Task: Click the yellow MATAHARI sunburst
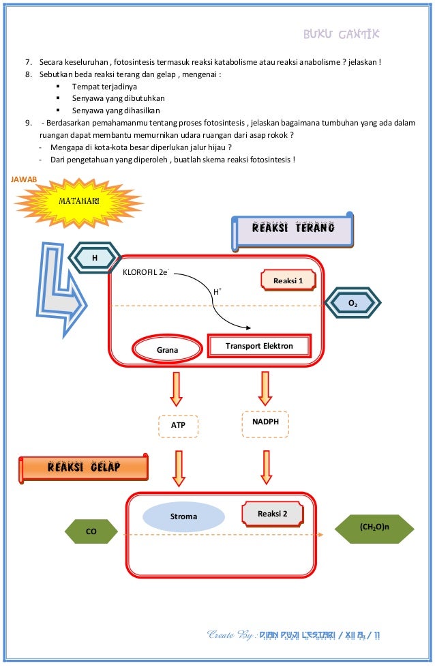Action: (78, 202)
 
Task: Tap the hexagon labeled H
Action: (95, 258)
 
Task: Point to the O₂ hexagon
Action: (352, 303)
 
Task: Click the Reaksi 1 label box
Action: (288, 280)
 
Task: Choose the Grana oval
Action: (167, 349)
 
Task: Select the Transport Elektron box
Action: (259, 346)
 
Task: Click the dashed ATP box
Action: (178, 426)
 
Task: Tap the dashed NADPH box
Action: (265, 424)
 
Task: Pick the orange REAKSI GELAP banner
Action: (84, 468)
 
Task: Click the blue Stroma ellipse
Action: (183, 516)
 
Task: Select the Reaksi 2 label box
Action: (272, 514)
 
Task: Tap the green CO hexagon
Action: (91, 531)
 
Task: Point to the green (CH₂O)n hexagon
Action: (374, 529)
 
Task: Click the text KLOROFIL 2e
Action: (146, 272)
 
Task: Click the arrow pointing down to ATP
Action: (176, 389)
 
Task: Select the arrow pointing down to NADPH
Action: (265, 388)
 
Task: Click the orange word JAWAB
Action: (24, 179)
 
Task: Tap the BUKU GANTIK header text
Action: (341, 34)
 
